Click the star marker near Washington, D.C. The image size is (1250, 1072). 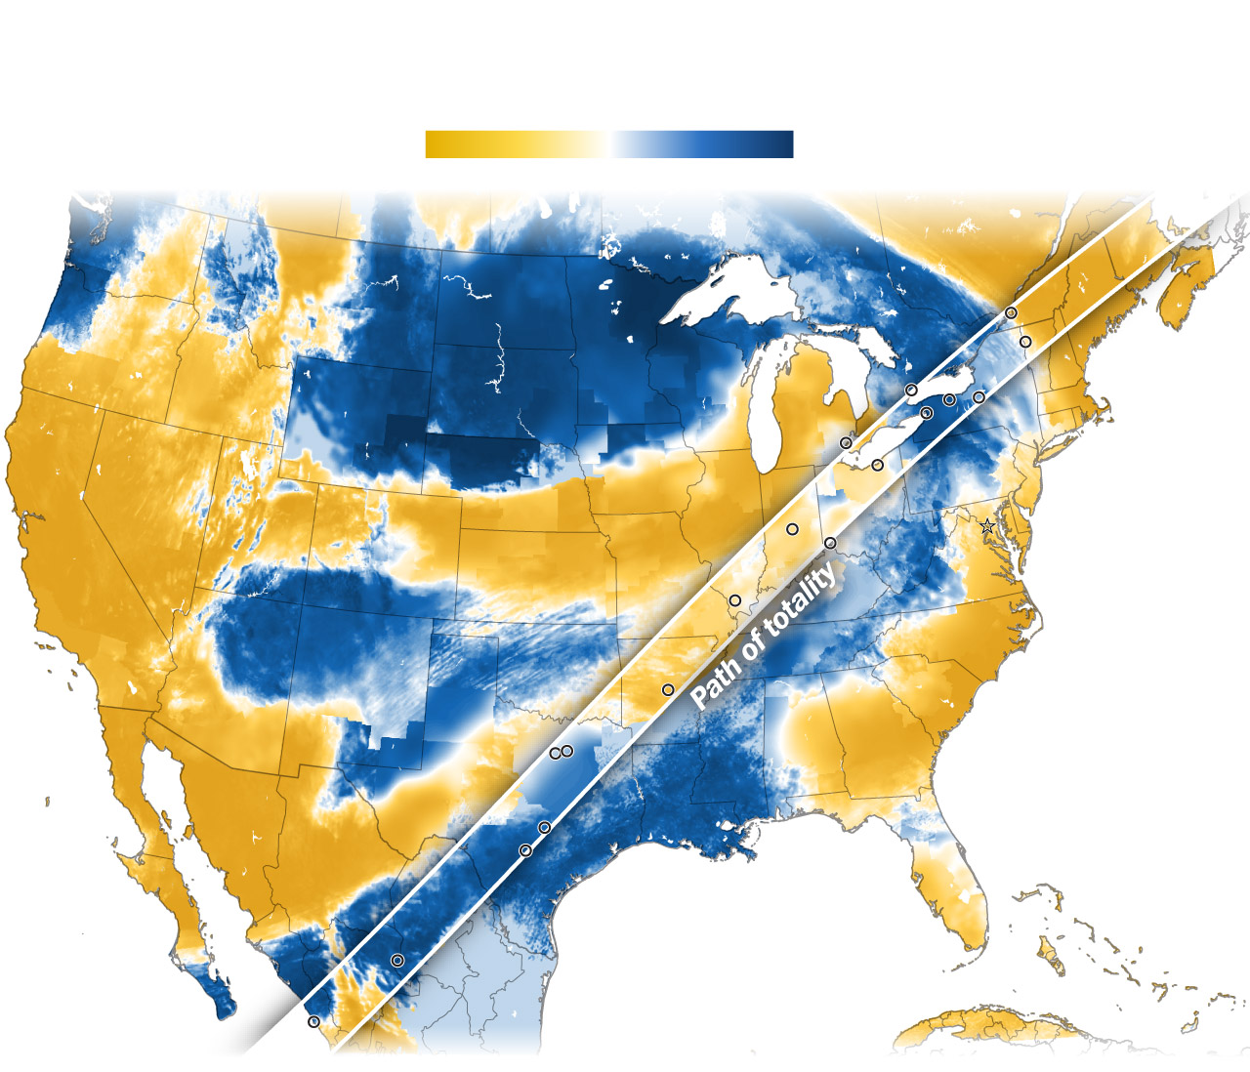click(987, 526)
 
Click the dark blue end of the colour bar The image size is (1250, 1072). click(781, 144)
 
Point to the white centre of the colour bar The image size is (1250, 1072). click(609, 144)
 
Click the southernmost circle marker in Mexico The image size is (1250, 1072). click(313, 1021)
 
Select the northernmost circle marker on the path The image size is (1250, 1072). click(1011, 312)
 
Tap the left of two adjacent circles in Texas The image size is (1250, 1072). click(555, 753)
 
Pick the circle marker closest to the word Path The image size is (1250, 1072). click(668, 690)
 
